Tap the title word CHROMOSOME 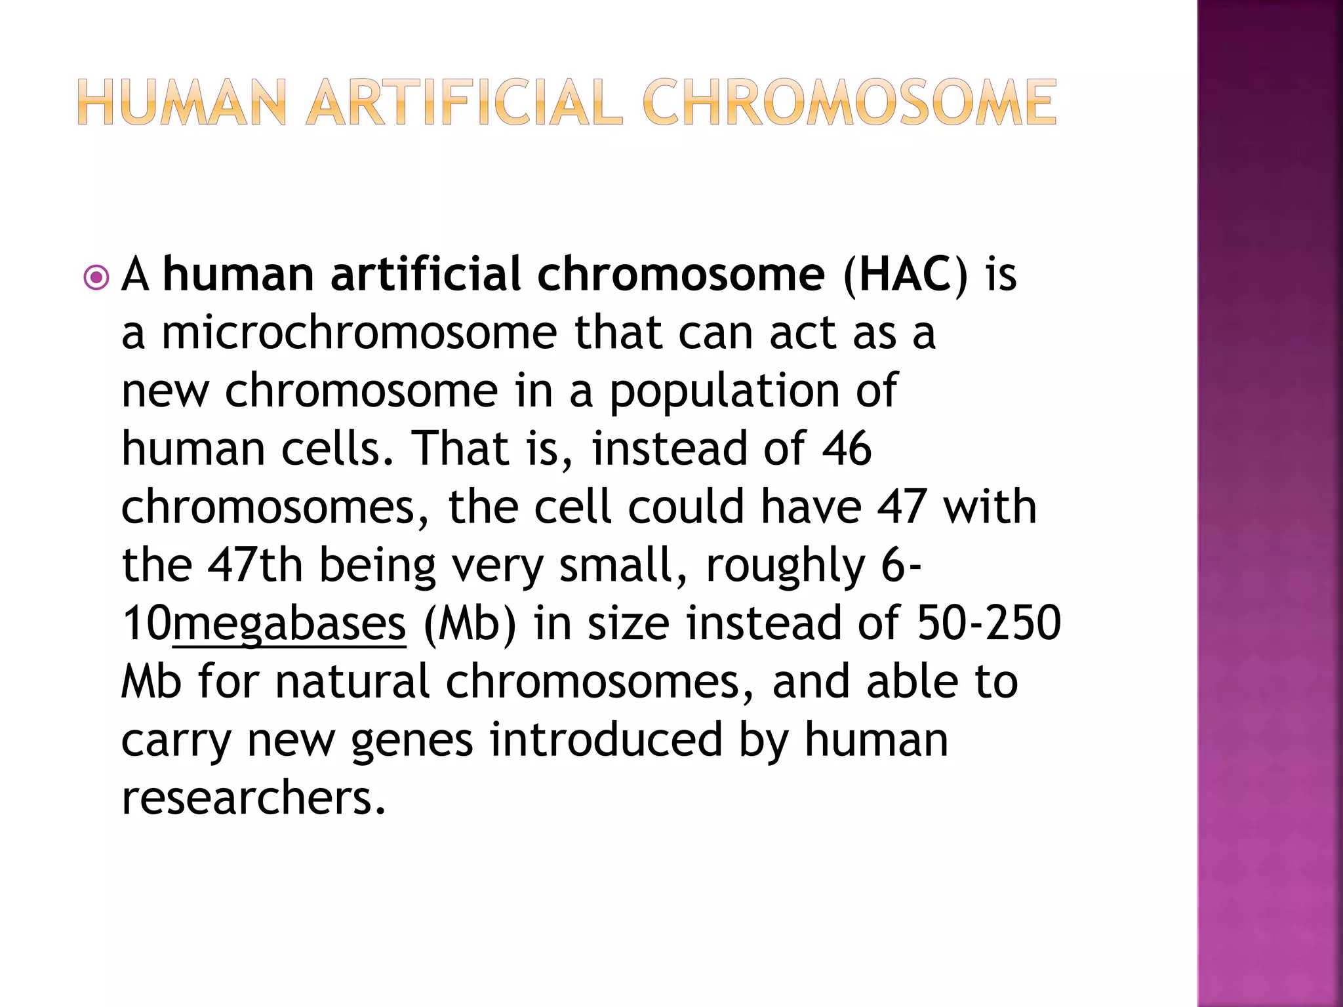(x=849, y=102)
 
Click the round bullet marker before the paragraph (x=97, y=278)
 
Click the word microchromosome (x=359, y=332)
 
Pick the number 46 (x=847, y=448)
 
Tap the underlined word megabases (x=289, y=623)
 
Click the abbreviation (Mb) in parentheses (x=470, y=623)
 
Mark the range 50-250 (x=988, y=623)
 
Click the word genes (x=412, y=740)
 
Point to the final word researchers (x=254, y=798)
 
